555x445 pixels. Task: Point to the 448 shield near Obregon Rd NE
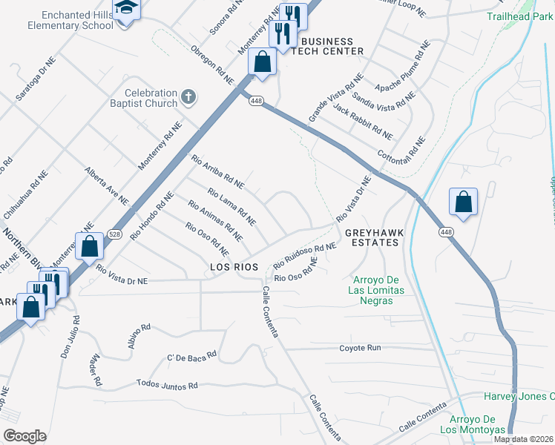(x=255, y=101)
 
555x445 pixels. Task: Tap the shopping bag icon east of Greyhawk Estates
(x=463, y=202)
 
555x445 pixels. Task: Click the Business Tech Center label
(x=326, y=46)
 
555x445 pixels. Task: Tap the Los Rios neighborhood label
(x=234, y=266)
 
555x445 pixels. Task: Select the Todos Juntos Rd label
(x=167, y=385)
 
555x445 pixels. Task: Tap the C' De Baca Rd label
(x=191, y=357)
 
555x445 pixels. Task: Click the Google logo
(x=24, y=435)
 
